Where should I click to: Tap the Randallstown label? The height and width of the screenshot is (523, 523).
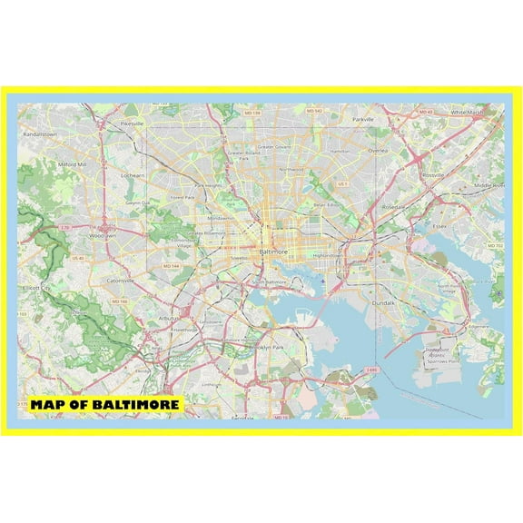(x=40, y=133)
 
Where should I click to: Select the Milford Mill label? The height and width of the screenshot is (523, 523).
(x=72, y=164)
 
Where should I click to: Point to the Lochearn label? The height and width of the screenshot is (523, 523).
(x=133, y=173)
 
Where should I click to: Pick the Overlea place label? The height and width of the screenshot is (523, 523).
(x=379, y=152)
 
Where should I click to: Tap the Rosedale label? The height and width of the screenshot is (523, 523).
(x=393, y=206)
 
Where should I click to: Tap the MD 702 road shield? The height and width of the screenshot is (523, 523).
(x=496, y=246)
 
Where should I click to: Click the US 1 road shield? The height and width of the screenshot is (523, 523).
(x=342, y=183)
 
